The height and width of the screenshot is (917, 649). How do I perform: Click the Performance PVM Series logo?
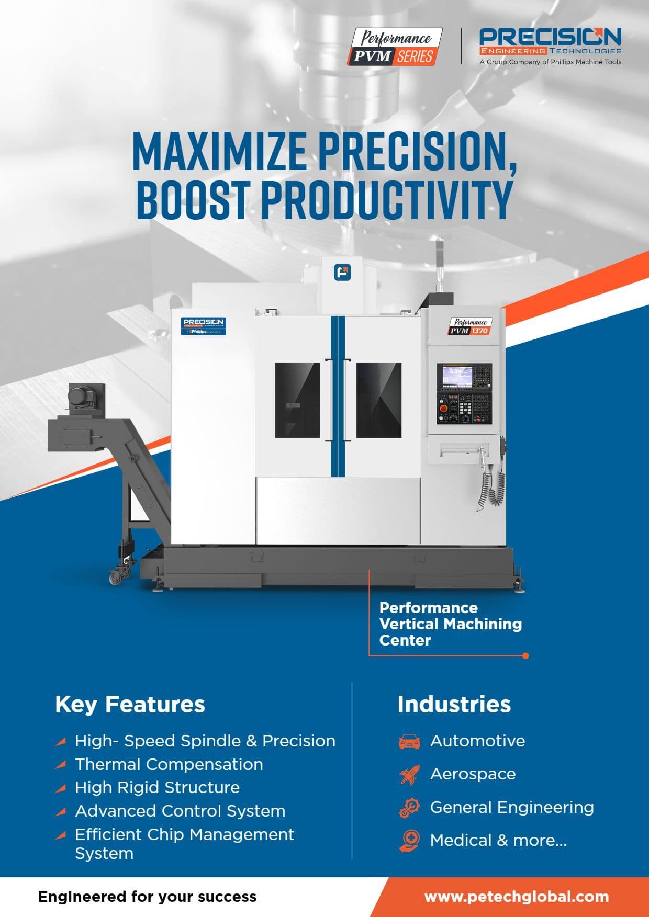395,47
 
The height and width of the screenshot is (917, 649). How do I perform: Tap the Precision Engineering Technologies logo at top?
551,47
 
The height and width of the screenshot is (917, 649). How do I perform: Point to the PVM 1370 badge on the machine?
469,326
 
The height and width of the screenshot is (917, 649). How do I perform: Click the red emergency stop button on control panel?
443,409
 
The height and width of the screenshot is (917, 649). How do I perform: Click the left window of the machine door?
297,400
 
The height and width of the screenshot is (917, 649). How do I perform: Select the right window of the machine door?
379,400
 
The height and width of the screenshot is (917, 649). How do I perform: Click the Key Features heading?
130,704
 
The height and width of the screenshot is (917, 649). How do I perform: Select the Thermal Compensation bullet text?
169,764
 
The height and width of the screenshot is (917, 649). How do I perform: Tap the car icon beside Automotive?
409,741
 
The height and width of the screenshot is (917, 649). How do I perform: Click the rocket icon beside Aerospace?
409,775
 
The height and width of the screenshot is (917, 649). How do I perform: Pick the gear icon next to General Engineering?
409,808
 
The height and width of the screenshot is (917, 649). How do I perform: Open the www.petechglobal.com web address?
517,897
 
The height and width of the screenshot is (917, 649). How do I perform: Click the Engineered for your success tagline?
148,897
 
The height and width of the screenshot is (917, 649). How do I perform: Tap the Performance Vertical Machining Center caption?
451,624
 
